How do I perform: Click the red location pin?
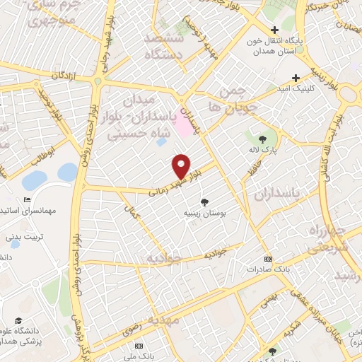[182, 166]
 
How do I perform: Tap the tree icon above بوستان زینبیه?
[205, 202]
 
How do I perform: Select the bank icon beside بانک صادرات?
[267, 259]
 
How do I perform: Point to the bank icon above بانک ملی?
[139, 346]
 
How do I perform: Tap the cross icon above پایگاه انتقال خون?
[274, 30]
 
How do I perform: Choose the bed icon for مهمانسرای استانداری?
[27, 200]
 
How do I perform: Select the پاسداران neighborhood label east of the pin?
[296, 193]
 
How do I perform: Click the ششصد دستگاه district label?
[164, 46]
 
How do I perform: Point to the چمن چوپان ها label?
[226, 100]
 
